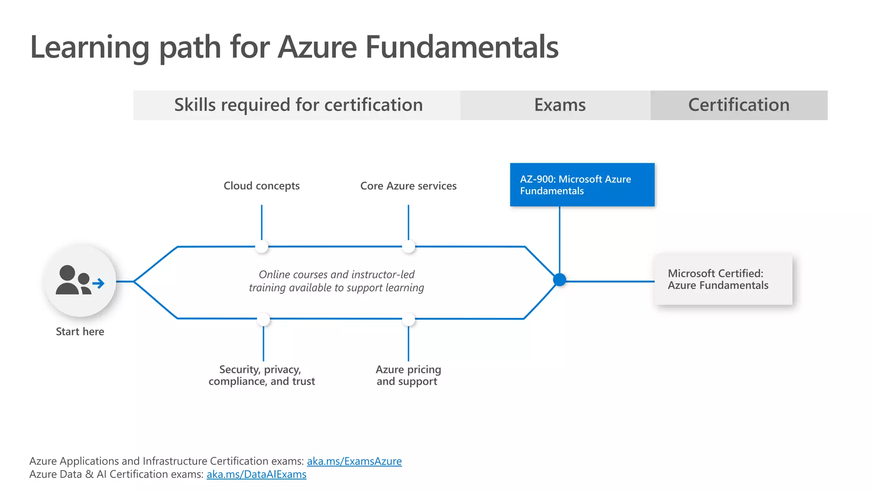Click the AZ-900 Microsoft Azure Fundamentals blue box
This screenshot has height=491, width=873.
(582, 185)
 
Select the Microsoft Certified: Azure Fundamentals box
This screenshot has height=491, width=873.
(723, 280)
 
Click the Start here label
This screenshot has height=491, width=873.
(80, 332)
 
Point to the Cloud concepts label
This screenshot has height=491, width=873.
(261, 186)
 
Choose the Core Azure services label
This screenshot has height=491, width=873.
(408, 186)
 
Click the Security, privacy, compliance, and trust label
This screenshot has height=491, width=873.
(261, 375)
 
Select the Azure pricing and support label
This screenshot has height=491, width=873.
(408, 375)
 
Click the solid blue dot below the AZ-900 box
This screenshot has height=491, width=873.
(559, 280)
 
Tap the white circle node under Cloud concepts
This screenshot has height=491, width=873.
(261, 246)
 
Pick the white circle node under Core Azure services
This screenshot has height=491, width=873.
(408, 246)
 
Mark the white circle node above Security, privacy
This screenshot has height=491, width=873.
(263, 319)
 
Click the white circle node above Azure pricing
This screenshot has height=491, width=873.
(408, 319)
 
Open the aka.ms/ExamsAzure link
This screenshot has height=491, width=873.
(354, 461)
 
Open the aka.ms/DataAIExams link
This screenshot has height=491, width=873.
(256, 474)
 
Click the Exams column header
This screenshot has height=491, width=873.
(559, 105)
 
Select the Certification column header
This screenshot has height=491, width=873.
(738, 105)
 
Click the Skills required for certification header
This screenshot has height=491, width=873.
(298, 105)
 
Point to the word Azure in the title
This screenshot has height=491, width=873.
(317, 47)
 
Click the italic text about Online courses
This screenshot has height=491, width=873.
(336, 281)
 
